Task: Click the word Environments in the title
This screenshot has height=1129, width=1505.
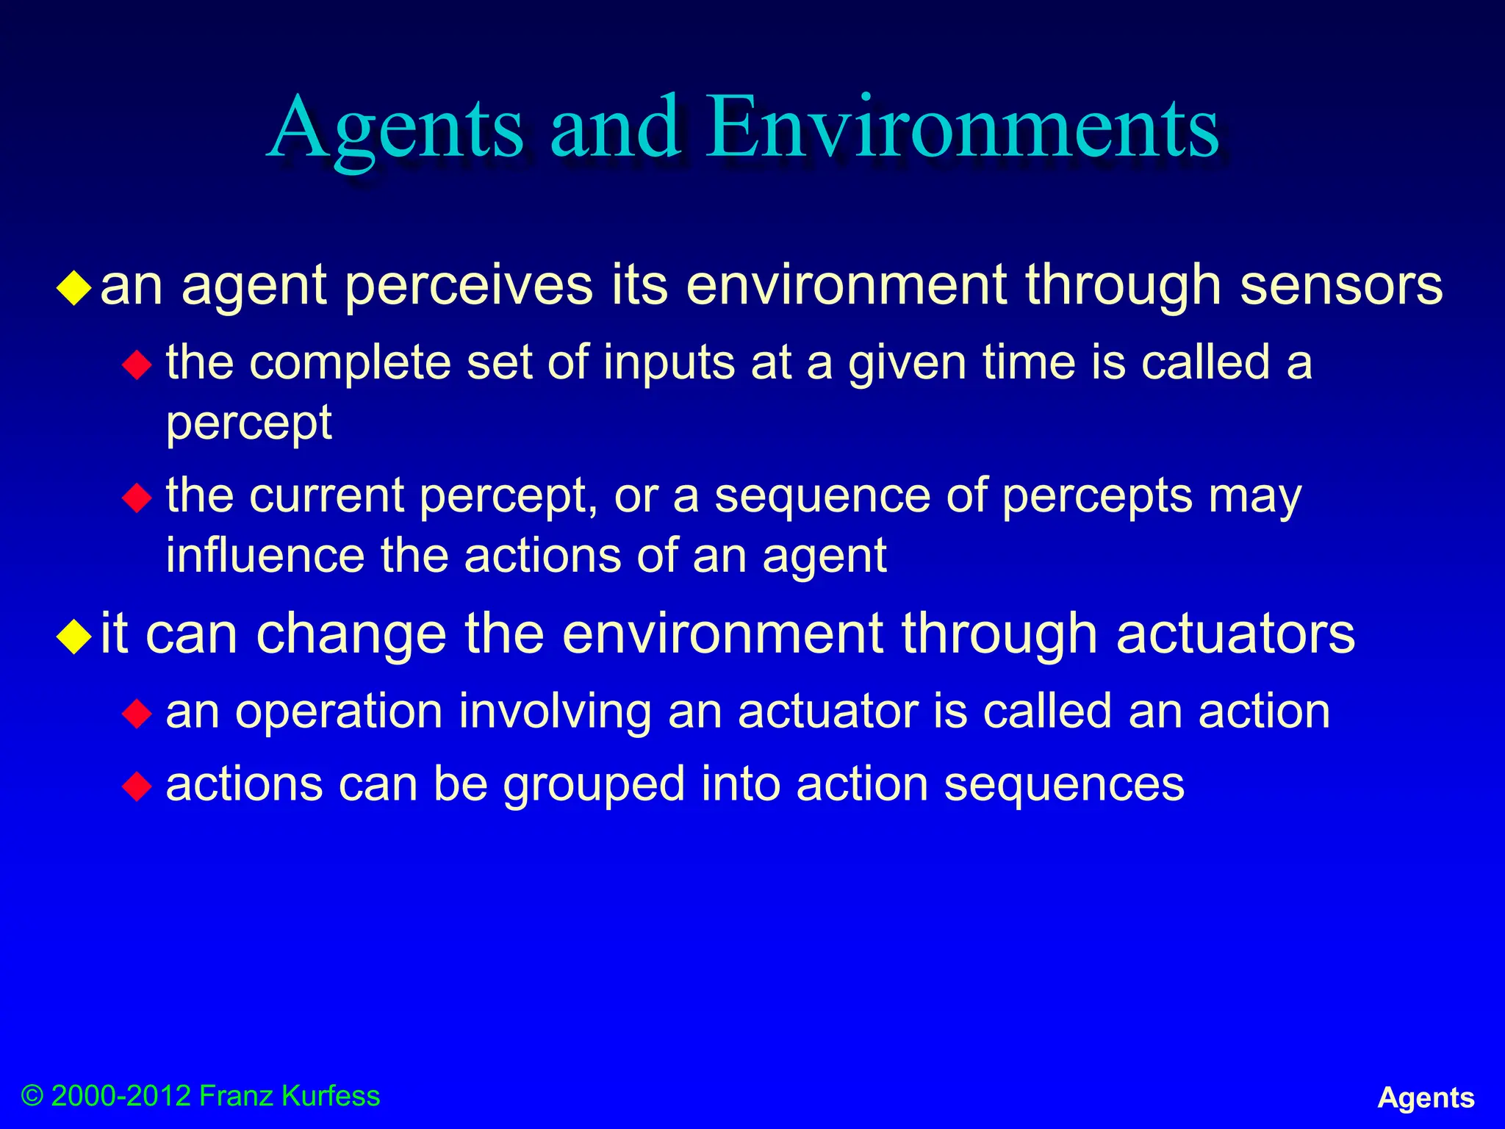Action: (963, 129)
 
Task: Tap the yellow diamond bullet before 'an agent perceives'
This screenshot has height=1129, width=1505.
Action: (75, 288)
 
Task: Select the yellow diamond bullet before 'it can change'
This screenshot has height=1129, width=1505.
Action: (75, 636)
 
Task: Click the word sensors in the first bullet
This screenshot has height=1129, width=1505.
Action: (1341, 285)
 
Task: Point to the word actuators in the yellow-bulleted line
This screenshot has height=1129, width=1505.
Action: (1235, 634)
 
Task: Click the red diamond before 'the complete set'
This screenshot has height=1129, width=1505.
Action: (137, 365)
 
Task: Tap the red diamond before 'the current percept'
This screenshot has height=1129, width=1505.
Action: (137, 498)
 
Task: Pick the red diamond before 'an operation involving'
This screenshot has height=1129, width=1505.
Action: (137, 713)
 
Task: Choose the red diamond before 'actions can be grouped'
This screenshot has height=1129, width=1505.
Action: (137, 786)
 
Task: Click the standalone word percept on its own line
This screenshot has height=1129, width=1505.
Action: (249, 424)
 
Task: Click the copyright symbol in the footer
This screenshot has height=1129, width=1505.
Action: (32, 1096)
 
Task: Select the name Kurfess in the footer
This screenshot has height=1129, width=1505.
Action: (331, 1096)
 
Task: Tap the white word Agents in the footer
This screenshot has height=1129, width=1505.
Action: (1426, 1097)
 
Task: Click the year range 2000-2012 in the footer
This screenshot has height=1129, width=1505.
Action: (121, 1096)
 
